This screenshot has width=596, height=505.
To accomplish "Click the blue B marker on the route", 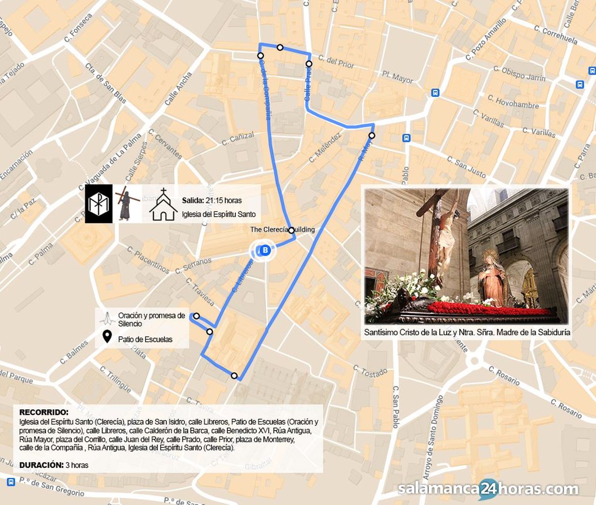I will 265,250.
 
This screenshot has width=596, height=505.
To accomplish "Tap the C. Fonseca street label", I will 78,28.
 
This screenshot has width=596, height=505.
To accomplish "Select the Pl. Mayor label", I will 397,77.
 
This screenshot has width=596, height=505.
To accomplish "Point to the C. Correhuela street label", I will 555,35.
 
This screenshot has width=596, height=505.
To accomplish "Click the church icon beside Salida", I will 163,205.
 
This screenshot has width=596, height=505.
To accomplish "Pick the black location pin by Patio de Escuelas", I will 107,337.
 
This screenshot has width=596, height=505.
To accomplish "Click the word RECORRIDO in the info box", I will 44,412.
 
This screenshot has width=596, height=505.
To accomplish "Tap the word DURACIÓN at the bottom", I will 41,465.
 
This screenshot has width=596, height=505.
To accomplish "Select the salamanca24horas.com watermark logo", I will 488,489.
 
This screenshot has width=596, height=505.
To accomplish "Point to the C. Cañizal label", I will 238,138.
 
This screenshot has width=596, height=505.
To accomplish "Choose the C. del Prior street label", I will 336,61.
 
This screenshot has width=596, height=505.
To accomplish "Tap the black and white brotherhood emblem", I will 99,204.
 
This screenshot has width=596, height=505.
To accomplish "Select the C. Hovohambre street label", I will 513,102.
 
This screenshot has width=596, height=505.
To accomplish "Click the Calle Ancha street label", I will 178,88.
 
